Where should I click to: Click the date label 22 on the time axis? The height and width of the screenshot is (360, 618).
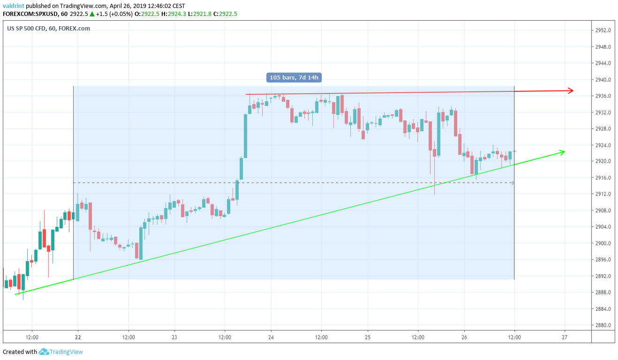(77, 337)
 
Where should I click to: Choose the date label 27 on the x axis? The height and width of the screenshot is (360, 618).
(565, 337)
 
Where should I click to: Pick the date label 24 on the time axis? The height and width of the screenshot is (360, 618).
(271, 337)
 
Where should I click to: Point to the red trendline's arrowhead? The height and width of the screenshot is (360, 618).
(571, 90)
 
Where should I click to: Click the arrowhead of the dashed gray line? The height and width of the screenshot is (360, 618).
(513, 183)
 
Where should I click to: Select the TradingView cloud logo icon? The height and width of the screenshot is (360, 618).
(44, 352)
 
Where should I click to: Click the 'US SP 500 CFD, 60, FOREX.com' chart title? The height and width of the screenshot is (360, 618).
(49, 28)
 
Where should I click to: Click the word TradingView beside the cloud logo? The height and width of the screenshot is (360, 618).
(67, 352)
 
